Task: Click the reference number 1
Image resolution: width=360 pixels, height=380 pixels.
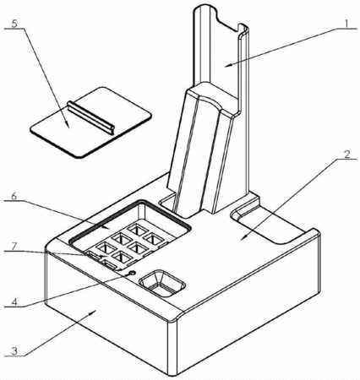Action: (347, 24)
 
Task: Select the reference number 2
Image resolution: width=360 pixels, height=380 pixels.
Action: (346, 155)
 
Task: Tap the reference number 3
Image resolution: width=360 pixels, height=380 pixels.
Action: (14, 351)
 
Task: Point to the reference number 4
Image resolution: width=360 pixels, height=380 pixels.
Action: (14, 301)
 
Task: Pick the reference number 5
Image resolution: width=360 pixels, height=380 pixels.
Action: (14, 24)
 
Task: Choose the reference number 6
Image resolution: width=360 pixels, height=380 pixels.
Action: (14, 196)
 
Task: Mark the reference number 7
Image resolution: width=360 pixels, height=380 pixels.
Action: (14, 247)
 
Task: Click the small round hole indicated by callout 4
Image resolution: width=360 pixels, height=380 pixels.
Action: (132, 273)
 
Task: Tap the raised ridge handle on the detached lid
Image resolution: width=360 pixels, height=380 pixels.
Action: (91, 118)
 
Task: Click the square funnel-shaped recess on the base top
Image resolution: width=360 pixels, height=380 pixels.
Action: (162, 283)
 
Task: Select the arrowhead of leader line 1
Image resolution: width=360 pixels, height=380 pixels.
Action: (228, 65)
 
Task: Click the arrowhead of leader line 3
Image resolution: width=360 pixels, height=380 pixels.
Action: (94, 311)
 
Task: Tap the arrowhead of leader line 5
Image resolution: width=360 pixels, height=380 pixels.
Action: (67, 125)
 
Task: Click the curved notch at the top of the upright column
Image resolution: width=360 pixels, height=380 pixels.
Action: (227, 19)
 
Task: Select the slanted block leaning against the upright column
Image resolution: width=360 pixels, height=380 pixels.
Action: (202, 149)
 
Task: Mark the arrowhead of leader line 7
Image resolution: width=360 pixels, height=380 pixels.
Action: (105, 256)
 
